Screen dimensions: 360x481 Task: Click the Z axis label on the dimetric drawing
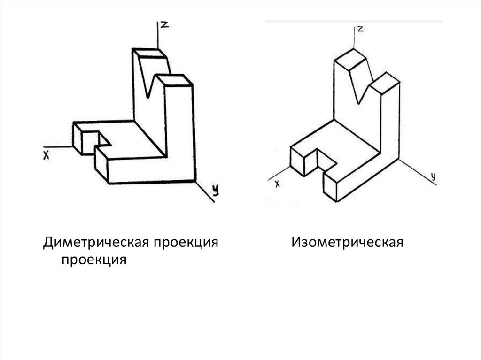coord(164,25)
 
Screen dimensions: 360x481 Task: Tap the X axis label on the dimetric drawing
coord(46,155)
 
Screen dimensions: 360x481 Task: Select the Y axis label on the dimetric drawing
coord(215,190)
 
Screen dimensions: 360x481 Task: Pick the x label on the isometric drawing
coord(277,184)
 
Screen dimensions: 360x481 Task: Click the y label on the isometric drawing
coord(434,176)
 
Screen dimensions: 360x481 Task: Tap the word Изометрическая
coord(347,243)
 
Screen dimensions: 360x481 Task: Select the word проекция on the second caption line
coord(92,260)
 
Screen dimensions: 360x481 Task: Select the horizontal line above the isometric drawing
coord(354,21)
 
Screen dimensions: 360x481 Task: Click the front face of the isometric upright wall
coord(345,94)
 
